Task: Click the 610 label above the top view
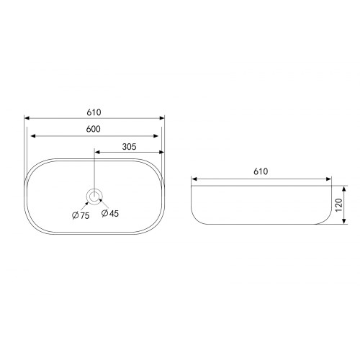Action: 94,112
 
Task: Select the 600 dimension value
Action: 94,129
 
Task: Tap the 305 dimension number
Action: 129,147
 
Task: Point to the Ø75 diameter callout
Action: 81,215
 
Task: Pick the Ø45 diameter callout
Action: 110,213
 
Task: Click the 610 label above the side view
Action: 261,171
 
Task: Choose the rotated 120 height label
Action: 338,205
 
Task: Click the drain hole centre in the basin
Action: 94,197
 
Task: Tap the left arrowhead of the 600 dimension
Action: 33,136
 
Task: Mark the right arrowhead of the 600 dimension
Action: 156,136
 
